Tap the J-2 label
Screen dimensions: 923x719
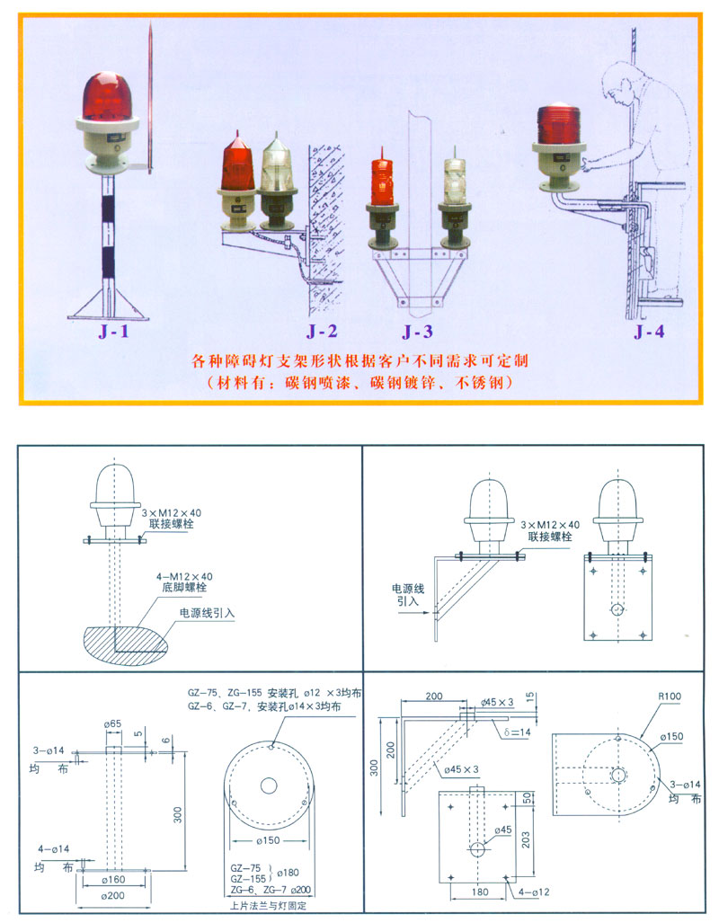pos(321,331)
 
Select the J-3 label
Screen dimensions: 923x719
pos(417,331)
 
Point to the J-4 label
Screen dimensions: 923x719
pos(648,331)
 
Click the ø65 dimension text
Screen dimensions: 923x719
pos(111,723)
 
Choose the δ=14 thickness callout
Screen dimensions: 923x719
pos(519,732)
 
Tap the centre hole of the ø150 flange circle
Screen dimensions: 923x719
pos(269,785)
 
